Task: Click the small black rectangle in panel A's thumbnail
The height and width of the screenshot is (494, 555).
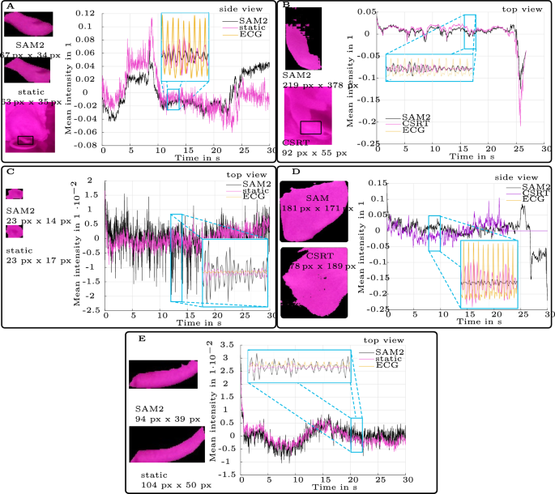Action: point(26,139)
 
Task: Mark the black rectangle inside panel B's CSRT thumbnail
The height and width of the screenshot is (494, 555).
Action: point(311,127)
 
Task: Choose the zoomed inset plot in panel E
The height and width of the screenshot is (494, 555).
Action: point(299,366)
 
